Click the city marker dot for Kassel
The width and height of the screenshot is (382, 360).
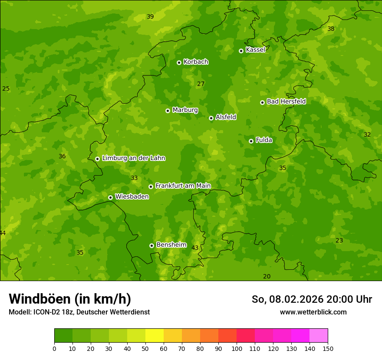click(241, 51)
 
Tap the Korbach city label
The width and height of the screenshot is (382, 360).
click(196, 62)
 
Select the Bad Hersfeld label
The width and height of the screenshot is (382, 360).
click(286, 101)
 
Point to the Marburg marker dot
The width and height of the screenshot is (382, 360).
click(168, 111)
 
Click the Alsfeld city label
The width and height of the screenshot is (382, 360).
click(226, 117)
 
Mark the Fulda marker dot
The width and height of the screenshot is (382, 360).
click(251, 141)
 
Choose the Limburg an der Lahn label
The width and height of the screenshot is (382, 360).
click(133, 158)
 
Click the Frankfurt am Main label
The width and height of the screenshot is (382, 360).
click(183, 186)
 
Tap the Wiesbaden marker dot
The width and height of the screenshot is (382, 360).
click(110, 197)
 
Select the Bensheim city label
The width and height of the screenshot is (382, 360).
click(171, 245)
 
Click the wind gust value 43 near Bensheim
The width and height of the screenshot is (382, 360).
click(195, 248)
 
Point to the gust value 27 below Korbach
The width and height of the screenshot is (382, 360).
click(201, 84)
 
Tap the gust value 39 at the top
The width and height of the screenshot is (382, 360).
click(150, 17)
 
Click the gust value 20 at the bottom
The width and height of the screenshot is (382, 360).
click(267, 276)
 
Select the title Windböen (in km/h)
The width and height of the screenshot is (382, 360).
click(70, 299)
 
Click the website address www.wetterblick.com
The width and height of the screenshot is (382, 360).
click(313, 312)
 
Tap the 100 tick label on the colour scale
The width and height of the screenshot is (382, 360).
click(237, 348)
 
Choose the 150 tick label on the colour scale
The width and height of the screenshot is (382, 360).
click(328, 348)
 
